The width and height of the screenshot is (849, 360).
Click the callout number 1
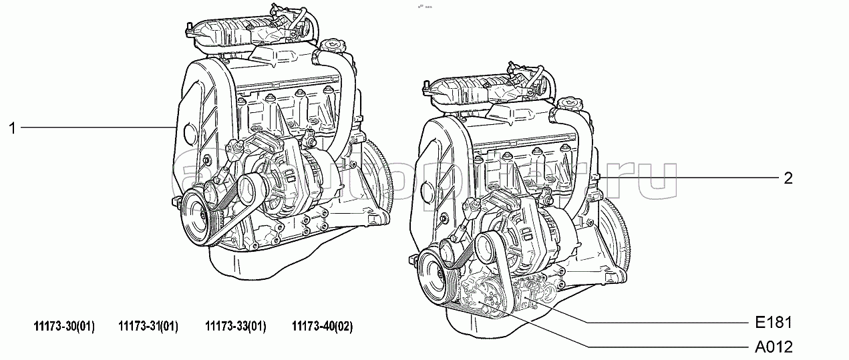[12, 128]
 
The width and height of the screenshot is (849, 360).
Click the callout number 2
[788, 178]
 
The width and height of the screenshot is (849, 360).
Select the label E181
[776, 323]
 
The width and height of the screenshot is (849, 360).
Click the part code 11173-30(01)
[64, 327]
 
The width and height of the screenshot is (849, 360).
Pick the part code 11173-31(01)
[148, 327]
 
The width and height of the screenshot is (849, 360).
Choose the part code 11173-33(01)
[235, 327]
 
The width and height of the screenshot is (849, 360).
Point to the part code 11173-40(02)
[322, 327]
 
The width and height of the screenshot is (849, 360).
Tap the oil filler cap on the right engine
[572, 103]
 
